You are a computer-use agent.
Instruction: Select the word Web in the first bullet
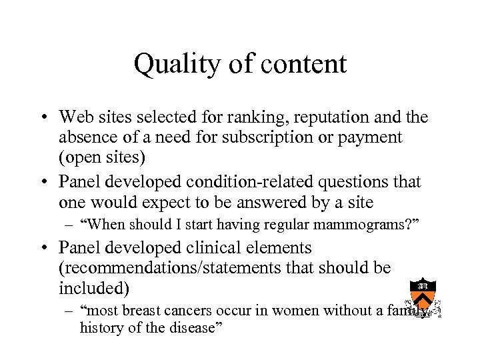74,117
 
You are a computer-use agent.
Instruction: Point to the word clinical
215,248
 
